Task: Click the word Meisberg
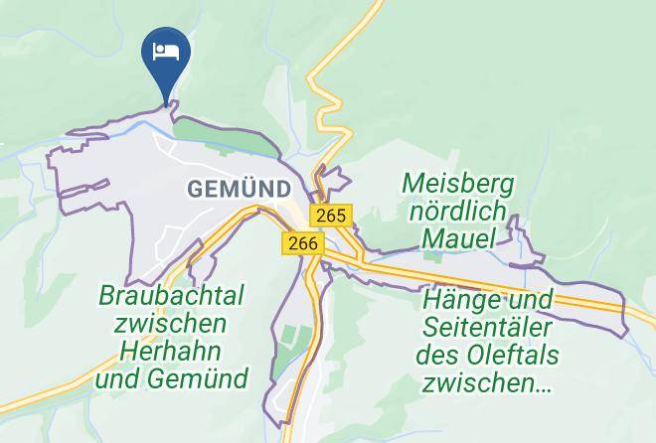click(458, 184)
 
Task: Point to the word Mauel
click(457, 238)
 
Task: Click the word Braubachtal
click(171, 296)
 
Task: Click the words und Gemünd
click(171, 378)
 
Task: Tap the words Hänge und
click(487, 299)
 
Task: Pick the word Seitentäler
click(487, 326)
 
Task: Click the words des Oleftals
click(487, 354)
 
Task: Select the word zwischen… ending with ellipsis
click(487, 381)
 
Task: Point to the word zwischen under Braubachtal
click(171, 324)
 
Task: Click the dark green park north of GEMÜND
click(224, 137)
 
